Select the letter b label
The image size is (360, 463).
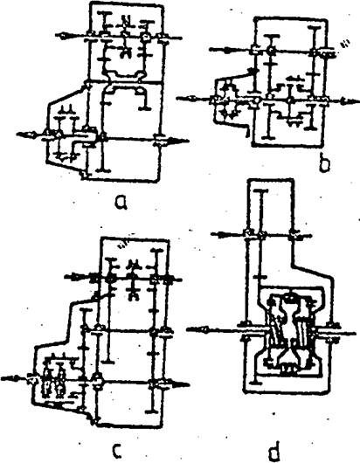(x=324, y=164)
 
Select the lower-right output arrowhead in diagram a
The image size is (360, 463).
(x=181, y=142)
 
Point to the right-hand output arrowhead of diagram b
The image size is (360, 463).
(x=350, y=101)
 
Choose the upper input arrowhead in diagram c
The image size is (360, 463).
(x=73, y=277)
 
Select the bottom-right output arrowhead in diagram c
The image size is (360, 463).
(x=181, y=384)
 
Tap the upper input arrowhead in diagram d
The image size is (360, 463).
(x=221, y=235)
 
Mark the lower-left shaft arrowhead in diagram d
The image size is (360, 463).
(x=197, y=329)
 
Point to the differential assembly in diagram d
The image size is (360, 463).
(x=294, y=335)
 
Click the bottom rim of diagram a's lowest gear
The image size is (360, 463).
(x=103, y=170)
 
